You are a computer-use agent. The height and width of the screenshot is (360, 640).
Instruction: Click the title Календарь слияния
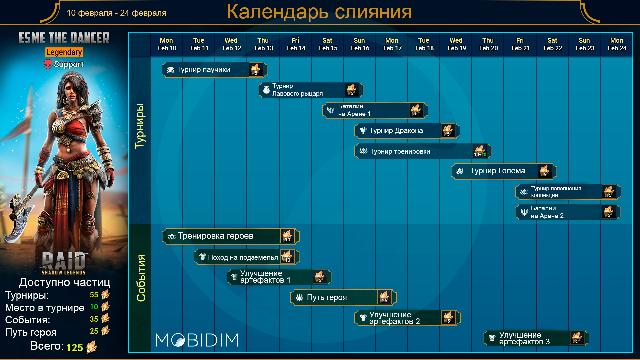[319, 12]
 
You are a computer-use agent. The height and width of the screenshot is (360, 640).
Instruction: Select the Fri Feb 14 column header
[296, 44]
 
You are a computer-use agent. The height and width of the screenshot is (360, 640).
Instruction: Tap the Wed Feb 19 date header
[457, 44]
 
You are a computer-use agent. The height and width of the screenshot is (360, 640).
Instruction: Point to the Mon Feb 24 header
[617, 44]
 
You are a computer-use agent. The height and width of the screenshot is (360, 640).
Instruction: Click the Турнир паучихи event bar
[215, 70]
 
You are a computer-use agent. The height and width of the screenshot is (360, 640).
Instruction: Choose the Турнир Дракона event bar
[407, 131]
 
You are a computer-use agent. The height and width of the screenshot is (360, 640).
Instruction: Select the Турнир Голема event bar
[504, 171]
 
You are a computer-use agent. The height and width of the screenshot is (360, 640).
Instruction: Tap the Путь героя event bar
[343, 297]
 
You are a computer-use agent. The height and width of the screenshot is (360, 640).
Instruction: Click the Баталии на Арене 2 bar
[568, 212]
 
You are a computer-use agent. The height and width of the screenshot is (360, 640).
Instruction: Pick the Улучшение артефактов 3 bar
[536, 338]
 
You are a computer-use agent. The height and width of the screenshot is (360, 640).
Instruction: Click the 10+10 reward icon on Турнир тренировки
[480, 151]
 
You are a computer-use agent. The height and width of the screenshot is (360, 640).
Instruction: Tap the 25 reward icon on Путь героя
[384, 297]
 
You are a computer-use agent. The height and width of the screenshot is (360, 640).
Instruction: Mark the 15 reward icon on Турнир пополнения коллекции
[609, 192]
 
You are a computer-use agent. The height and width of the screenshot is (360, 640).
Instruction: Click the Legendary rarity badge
[64, 52]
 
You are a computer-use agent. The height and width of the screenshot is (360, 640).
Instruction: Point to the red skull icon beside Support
[48, 64]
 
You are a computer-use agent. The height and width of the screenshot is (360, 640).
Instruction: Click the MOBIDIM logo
[197, 340]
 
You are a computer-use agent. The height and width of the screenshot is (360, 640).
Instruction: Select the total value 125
[74, 348]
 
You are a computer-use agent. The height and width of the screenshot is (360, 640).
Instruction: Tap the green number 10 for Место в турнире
[94, 307]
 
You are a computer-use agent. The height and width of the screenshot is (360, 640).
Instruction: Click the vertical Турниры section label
[140, 126]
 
